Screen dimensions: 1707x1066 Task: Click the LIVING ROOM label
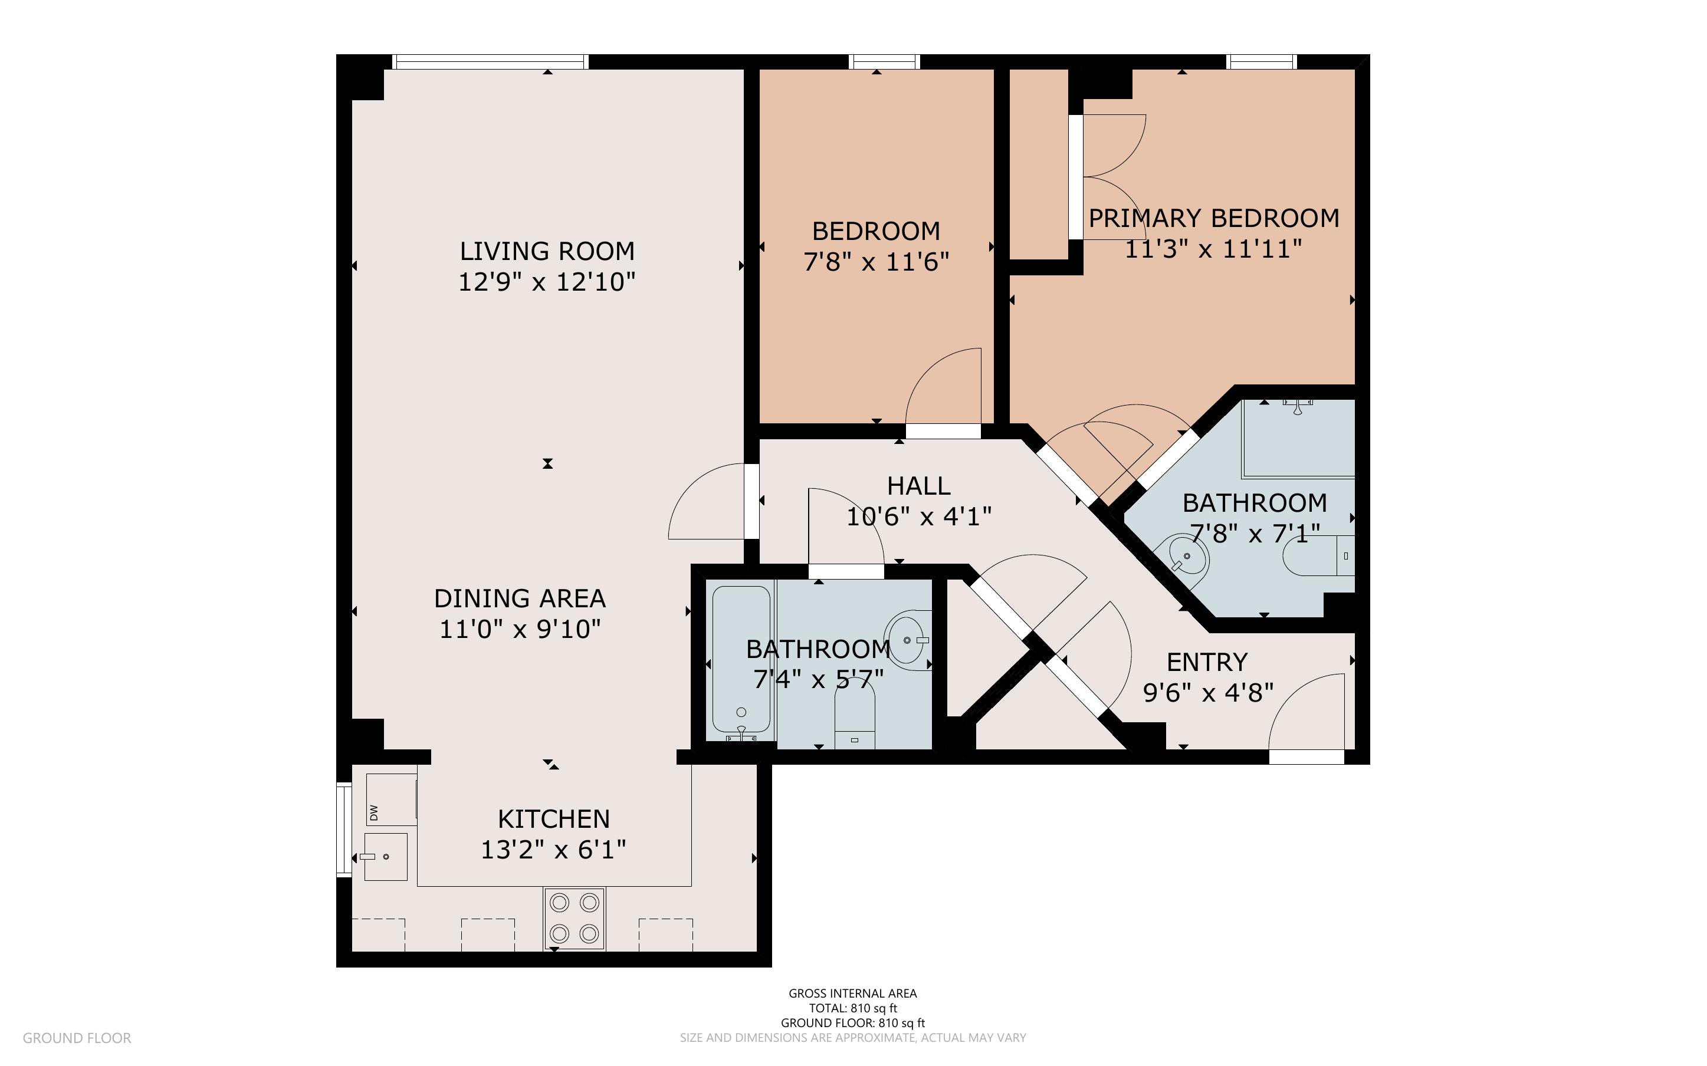[x=547, y=251]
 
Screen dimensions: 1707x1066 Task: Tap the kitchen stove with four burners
[x=574, y=918]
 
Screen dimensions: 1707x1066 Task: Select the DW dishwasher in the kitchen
[x=391, y=799]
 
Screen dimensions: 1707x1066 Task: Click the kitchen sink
[x=386, y=857]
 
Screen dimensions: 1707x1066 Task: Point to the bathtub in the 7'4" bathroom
[x=741, y=659]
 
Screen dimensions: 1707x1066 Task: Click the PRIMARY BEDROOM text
[x=1214, y=219]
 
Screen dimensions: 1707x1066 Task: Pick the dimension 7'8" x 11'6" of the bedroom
[x=877, y=262]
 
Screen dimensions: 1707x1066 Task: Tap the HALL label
[x=919, y=486]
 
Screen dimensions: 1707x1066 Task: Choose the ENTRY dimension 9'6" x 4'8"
[x=1209, y=693]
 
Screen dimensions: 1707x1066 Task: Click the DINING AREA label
[x=520, y=598]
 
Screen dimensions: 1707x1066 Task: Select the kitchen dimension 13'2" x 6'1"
[x=553, y=850]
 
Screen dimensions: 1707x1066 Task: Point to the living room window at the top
[x=490, y=62]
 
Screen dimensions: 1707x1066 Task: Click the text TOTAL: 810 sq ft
[x=852, y=1008]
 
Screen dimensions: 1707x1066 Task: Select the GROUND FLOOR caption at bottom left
[x=77, y=1038]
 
